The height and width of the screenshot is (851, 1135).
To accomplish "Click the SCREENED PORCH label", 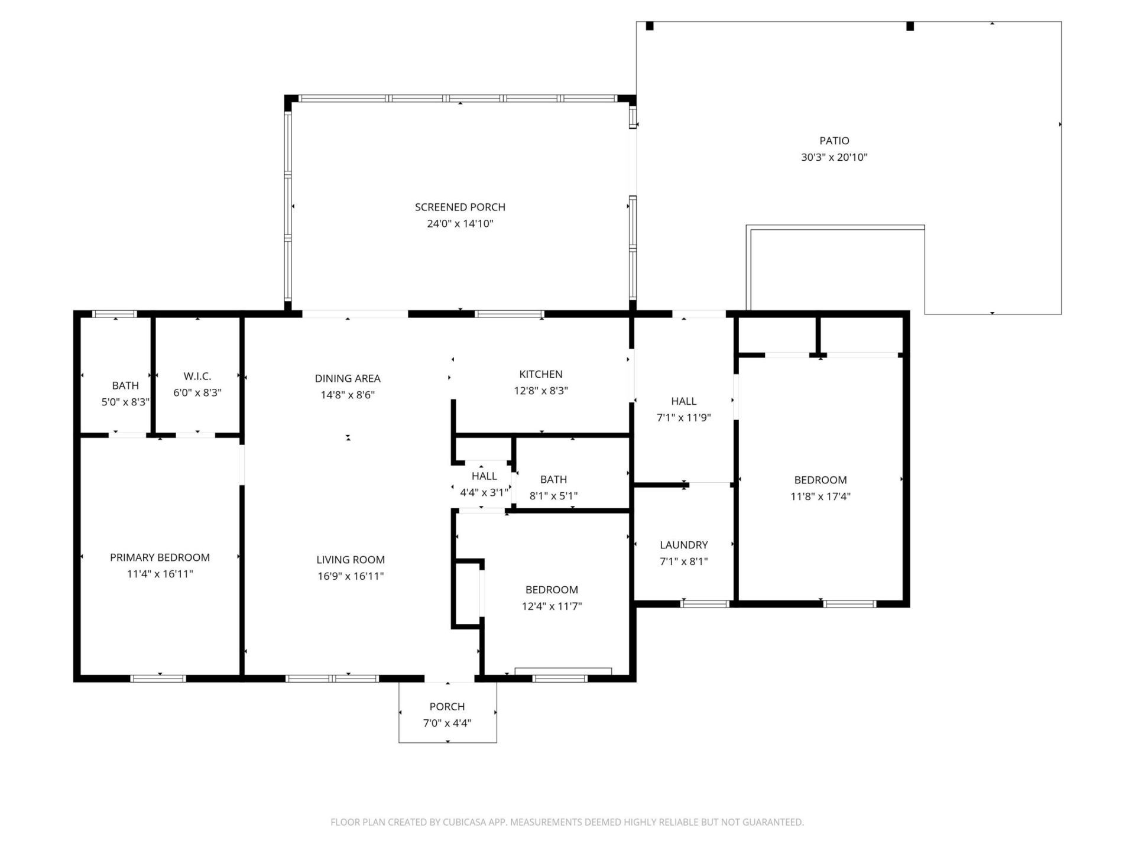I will click(460, 207).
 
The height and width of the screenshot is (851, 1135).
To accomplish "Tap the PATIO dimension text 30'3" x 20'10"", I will click(834, 157).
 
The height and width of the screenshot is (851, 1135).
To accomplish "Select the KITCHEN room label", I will click(540, 374).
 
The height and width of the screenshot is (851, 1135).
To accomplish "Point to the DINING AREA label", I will click(348, 378).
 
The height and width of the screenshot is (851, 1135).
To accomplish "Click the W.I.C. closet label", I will click(197, 376).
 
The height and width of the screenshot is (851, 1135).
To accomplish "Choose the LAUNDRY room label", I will click(683, 545).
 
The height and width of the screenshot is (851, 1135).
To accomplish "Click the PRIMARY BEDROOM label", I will click(160, 557).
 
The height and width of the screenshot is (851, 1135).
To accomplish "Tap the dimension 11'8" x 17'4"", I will click(820, 496).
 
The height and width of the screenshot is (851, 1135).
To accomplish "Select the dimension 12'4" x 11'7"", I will click(552, 606).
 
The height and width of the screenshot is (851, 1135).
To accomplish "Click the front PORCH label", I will click(447, 706).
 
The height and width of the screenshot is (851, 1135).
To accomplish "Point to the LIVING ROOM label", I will click(351, 560).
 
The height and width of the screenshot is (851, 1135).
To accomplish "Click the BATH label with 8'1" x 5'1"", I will click(553, 479).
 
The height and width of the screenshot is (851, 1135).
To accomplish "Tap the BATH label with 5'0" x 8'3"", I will click(125, 385).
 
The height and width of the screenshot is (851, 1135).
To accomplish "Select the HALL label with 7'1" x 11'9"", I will click(683, 401).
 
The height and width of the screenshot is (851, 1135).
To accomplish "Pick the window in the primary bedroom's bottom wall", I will click(158, 678).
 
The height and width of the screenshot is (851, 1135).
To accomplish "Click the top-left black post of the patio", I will click(650, 26).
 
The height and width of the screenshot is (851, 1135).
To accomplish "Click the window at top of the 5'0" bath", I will click(115, 314).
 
